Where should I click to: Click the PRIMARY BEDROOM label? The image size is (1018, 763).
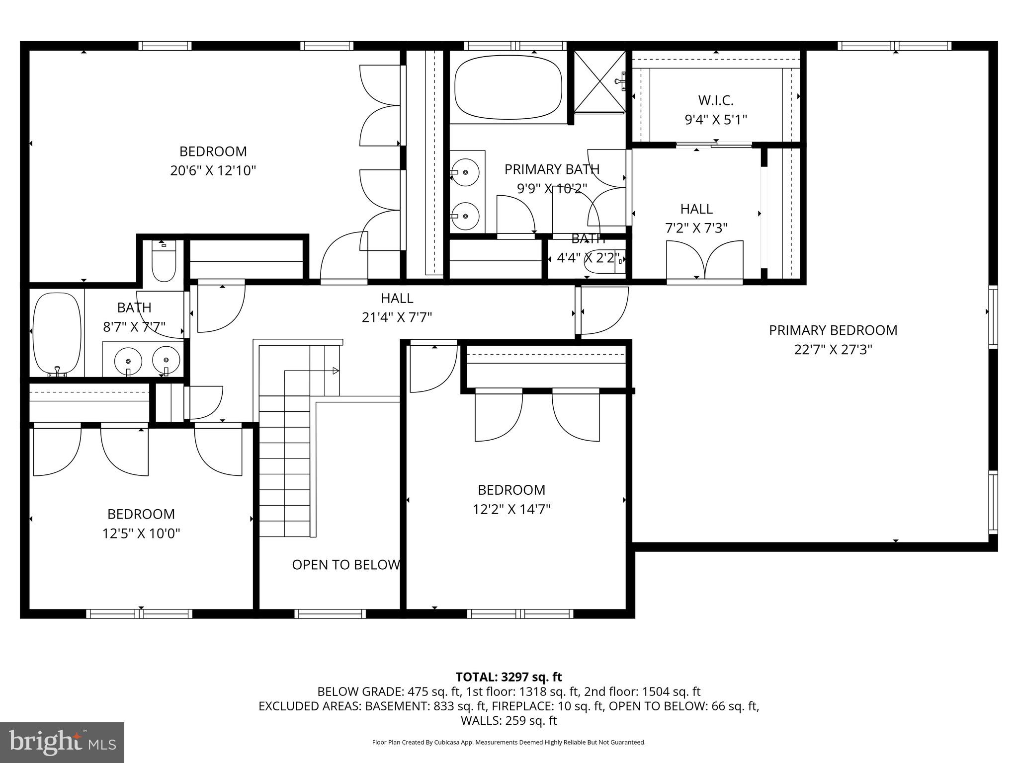(833, 330)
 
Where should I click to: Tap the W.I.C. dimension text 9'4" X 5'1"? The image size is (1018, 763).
(716, 120)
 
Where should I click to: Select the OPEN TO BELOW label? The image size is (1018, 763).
(346, 565)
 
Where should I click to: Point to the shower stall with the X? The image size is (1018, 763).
(599, 82)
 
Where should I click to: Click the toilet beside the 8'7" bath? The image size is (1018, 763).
(164, 262)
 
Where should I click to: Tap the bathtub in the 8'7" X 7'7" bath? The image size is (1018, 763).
(56, 333)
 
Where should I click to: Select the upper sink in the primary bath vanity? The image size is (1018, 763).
(465, 172)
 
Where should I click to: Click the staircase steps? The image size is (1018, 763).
(284, 467)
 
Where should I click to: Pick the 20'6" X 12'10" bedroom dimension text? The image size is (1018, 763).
(213, 171)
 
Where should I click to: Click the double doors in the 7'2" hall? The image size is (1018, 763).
(704, 261)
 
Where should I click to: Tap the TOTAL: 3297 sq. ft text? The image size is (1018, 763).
(509, 677)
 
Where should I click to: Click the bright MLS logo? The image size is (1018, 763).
(62, 742)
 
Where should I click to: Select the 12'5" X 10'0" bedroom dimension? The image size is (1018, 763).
(141, 534)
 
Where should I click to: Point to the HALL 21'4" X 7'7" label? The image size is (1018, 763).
(397, 307)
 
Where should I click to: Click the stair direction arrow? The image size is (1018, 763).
(336, 371)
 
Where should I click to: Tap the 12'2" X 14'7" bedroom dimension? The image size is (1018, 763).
(511, 509)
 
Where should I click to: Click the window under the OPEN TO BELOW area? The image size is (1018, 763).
(330, 614)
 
